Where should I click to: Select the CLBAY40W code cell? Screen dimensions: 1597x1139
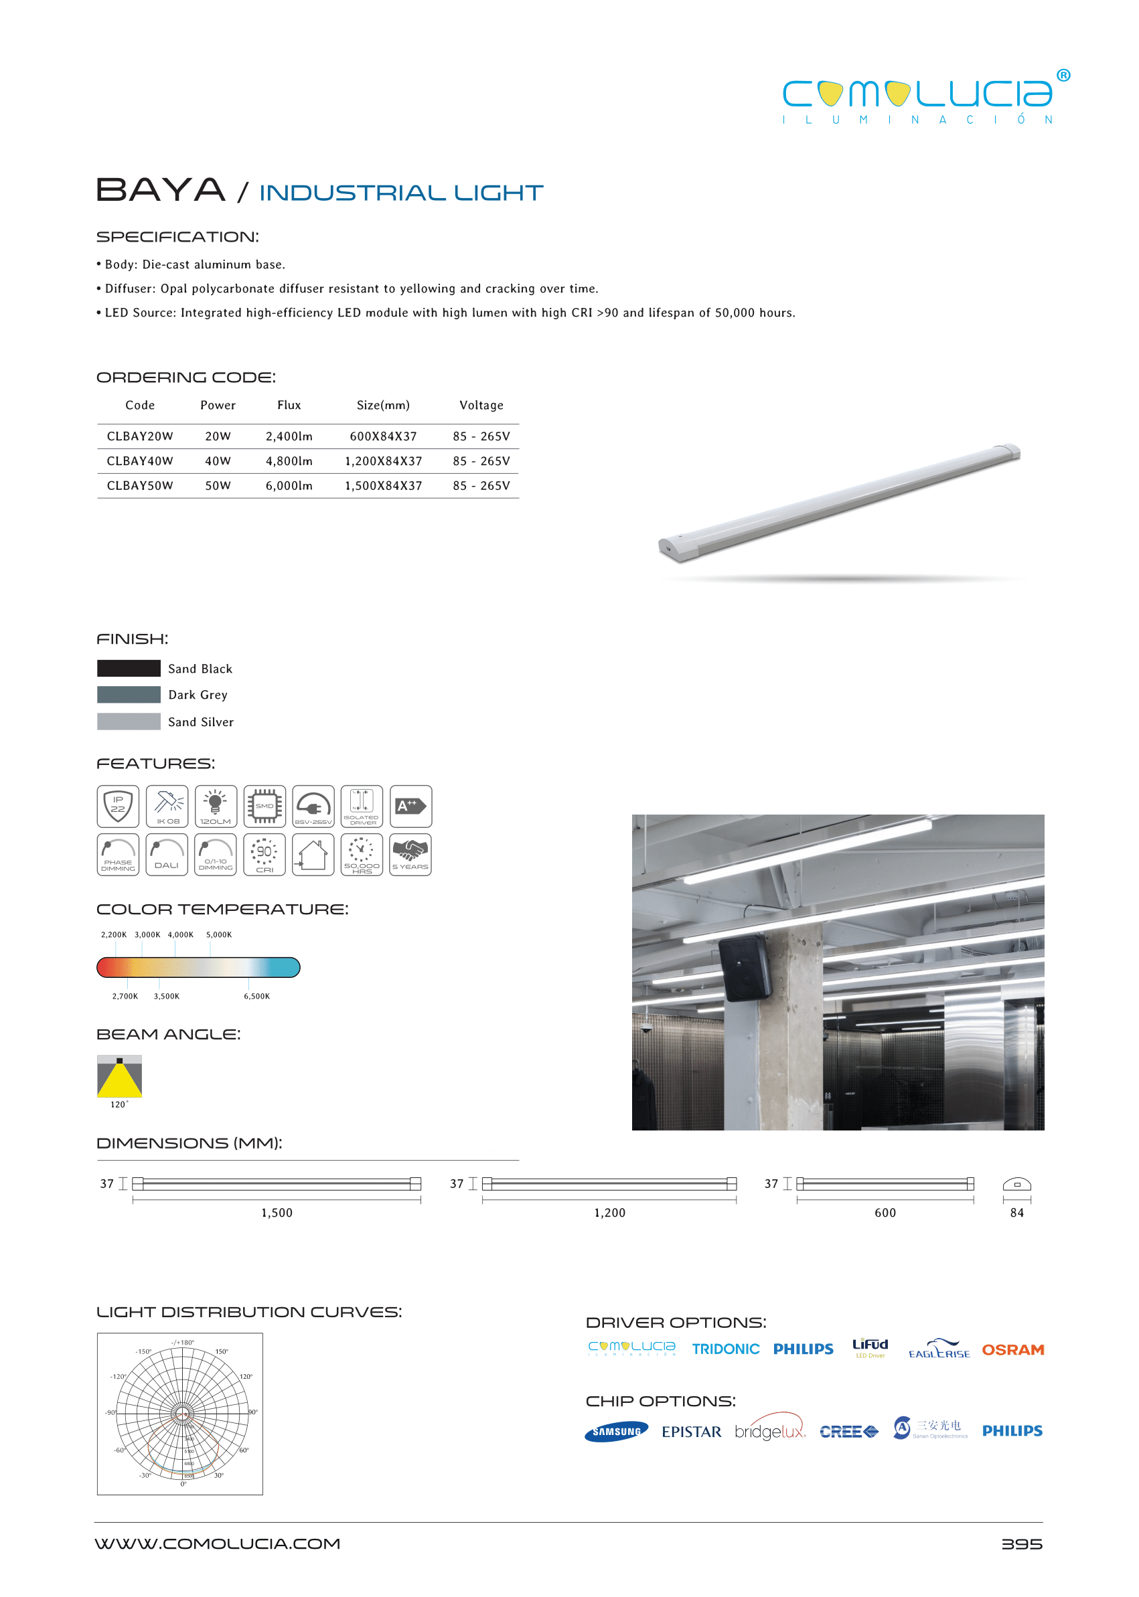[139, 460]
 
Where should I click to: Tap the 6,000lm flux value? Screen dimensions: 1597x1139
[289, 485]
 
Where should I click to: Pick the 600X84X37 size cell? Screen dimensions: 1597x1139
[383, 436]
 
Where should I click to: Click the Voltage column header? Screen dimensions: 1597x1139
[481, 405]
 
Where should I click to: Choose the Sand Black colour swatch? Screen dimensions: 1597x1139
[129, 668]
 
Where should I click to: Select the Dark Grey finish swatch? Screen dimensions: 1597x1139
[129, 695]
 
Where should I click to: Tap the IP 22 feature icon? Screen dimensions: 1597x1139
[118, 807]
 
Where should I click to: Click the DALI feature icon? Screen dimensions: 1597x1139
[167, 855]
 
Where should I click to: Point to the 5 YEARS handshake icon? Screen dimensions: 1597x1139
[410, 855]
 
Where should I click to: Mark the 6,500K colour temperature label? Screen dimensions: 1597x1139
[256, 996]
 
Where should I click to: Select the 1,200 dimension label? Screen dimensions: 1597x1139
[609, 1213]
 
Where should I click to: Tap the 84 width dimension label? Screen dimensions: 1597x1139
[1016, 1213]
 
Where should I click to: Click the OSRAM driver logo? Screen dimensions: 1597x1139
[1012, 1349]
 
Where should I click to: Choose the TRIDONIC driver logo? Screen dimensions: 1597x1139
[725, 1349]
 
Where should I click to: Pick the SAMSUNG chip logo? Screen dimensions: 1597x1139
[616, 1432]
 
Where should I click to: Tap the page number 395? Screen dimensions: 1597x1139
[1021, 1544]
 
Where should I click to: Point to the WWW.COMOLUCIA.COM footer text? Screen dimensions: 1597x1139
[218, 1543]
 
